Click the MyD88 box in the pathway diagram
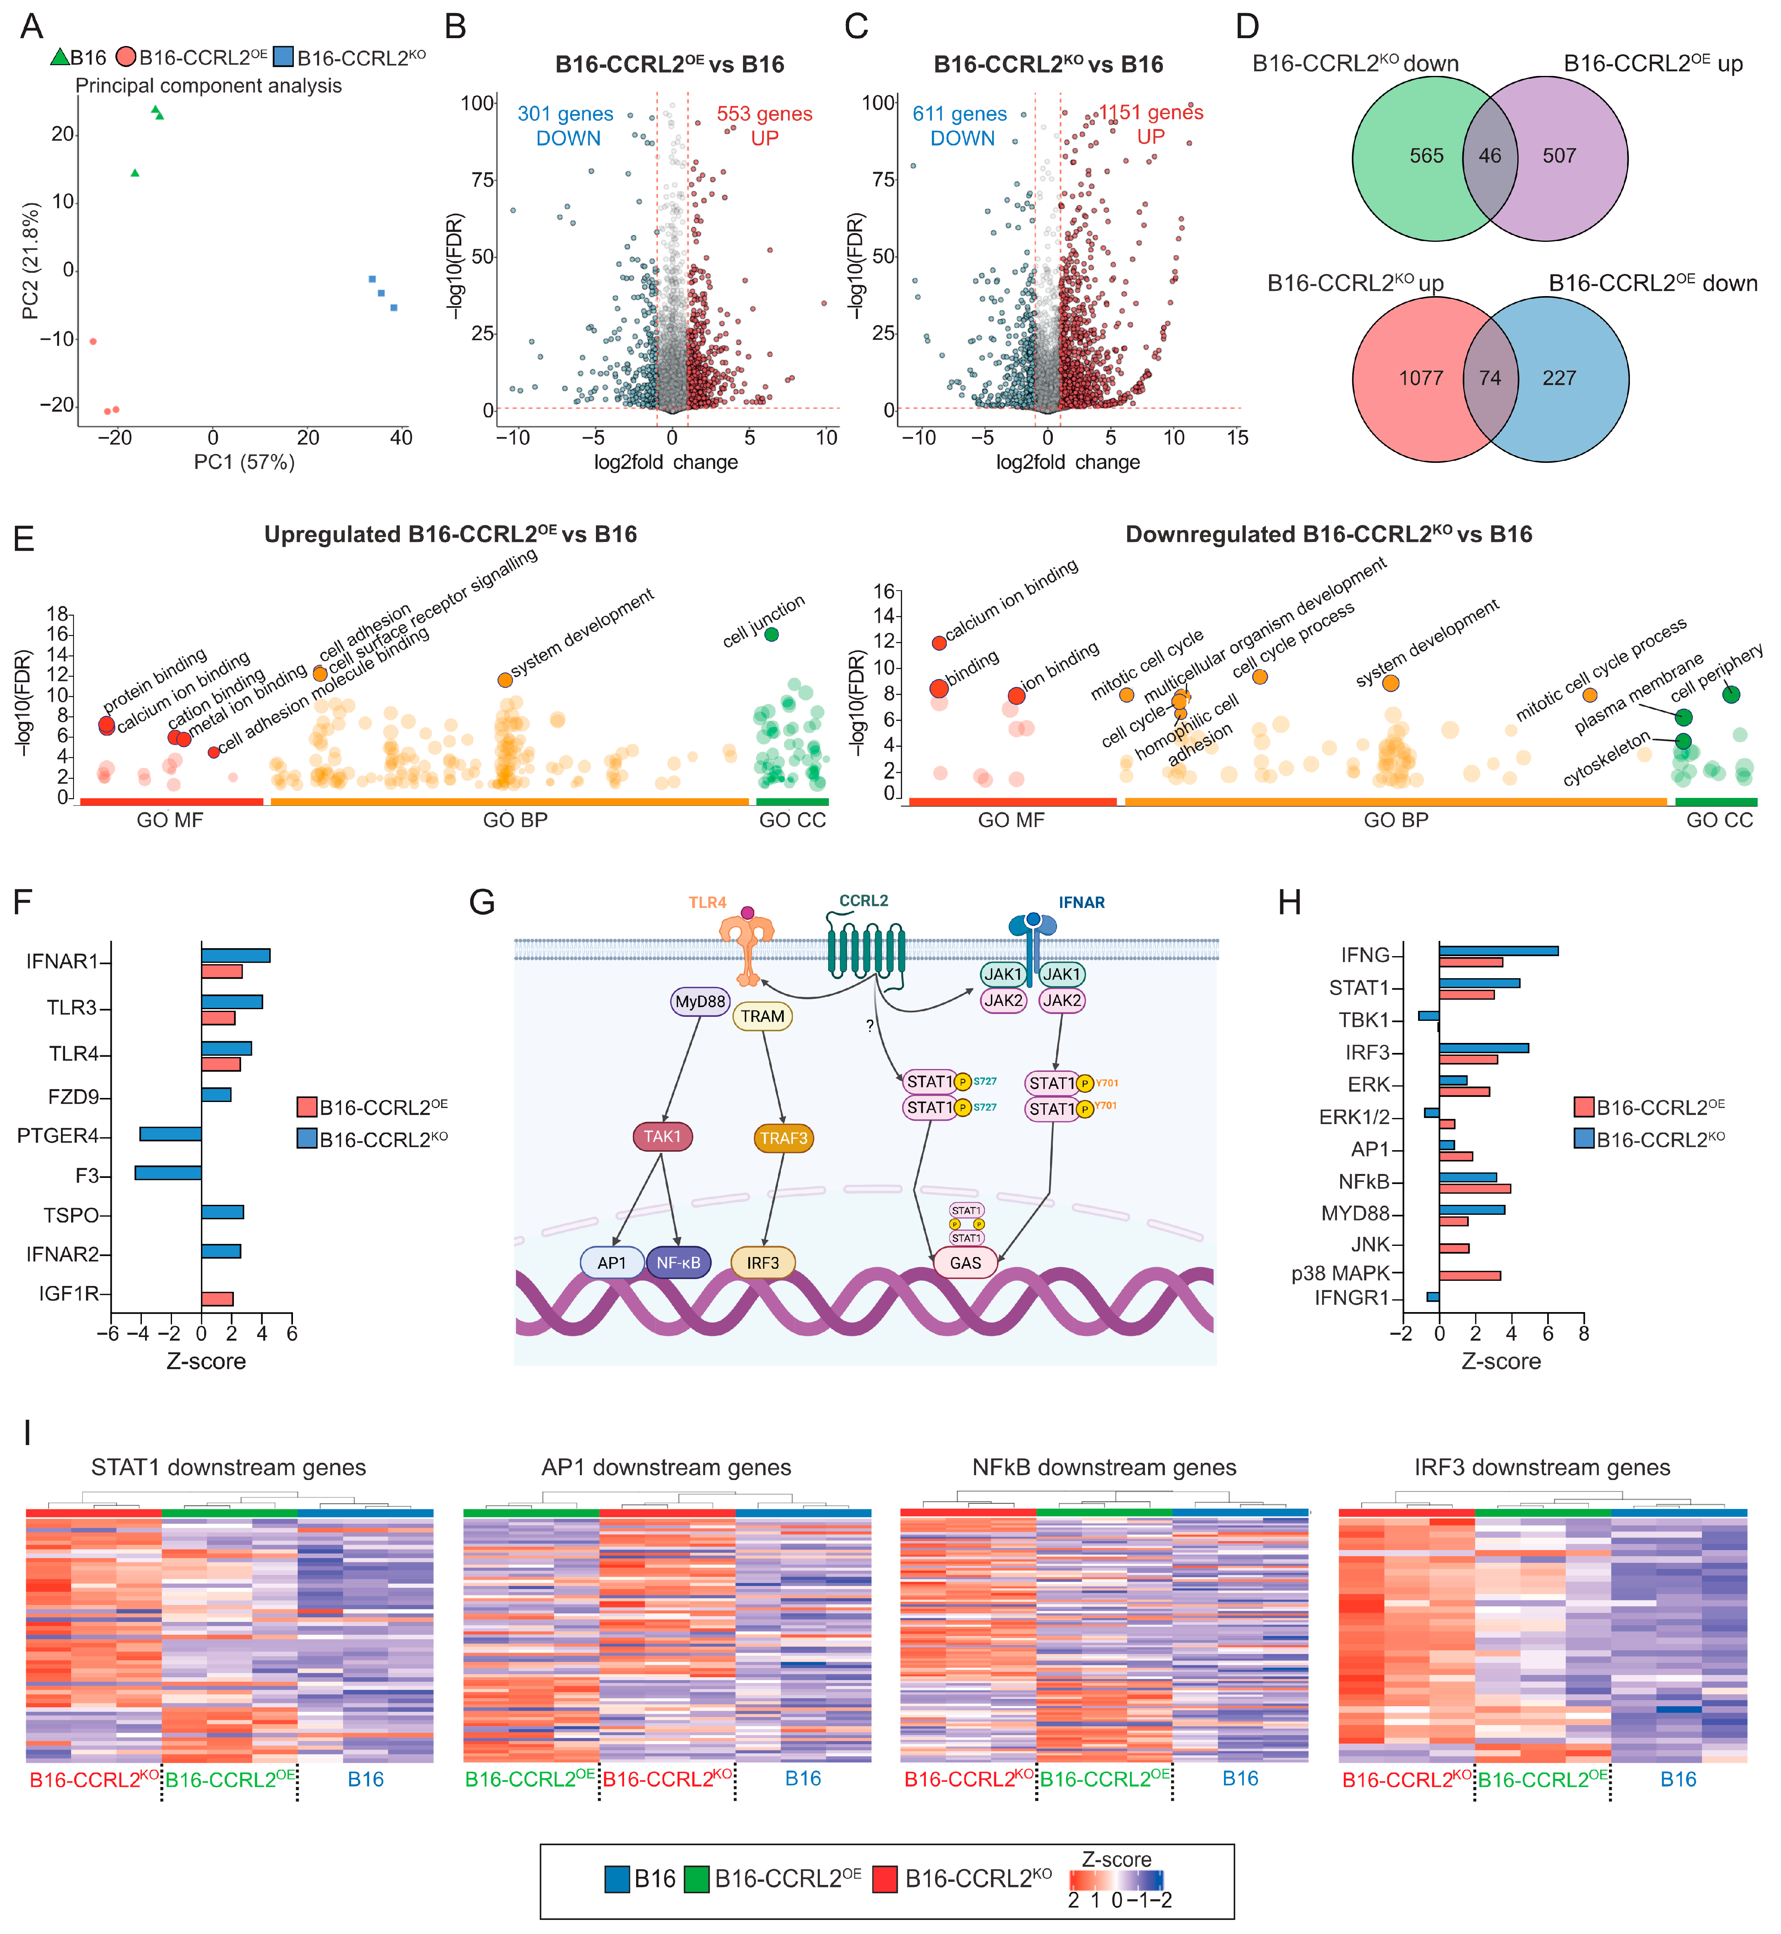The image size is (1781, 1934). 700,1001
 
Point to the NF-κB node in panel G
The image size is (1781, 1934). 678,1262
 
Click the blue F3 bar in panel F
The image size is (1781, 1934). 168,1173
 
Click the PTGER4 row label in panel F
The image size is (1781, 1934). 58,1135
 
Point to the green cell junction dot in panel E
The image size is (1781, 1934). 771,634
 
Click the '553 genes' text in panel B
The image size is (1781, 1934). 764,114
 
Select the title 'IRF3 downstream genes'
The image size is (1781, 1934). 1542,1468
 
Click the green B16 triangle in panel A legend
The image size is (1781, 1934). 60,58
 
